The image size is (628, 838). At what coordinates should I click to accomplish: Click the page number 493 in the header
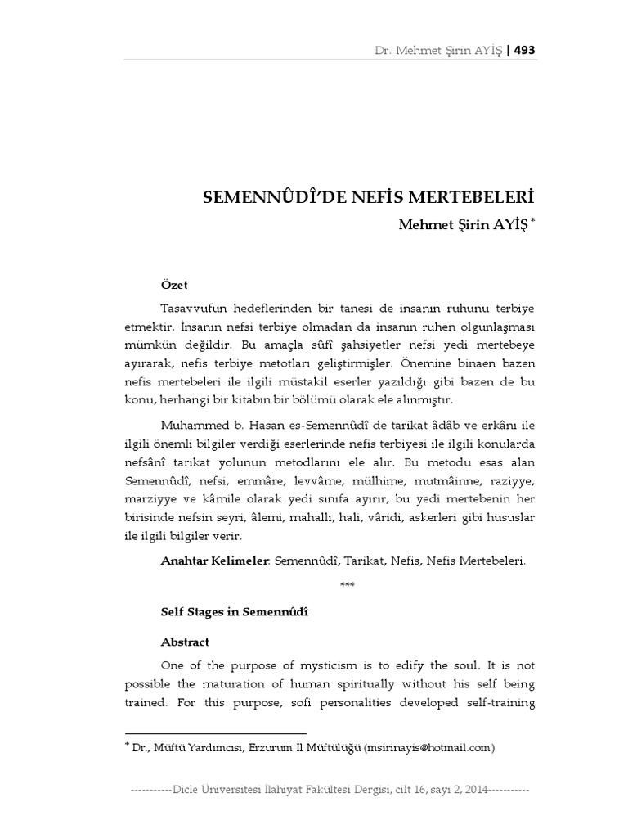(x=525, y=51)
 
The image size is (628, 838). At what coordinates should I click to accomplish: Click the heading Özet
(x=174, y=285)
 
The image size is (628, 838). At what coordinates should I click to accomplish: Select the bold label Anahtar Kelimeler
(x=214, y=561)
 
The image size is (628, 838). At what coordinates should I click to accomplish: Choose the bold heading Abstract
(x=185, y=642)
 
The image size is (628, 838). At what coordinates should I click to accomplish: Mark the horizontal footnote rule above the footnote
(x=215, y=733)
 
